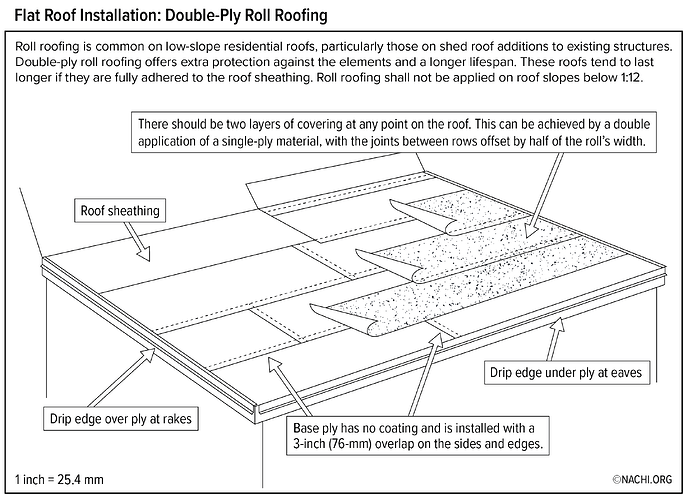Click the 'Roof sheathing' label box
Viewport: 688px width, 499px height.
click(119, 211)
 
